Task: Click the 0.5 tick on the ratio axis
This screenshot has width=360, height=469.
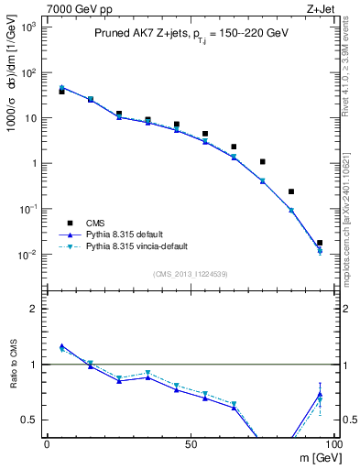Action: (x=30, y=420)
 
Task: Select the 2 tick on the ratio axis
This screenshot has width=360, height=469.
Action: (x=34, y=309)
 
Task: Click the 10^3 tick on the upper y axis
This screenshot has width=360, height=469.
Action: (x=27, y=27)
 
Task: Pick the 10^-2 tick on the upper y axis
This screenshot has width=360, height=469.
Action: (x=27, y=254)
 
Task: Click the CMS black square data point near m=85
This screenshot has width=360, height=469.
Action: (x=291, y=191)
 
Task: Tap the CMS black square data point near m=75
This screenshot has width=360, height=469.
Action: (x=262, y=161)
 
